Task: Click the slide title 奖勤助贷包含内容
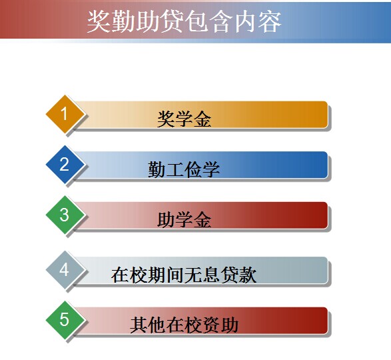(x=185, y=22)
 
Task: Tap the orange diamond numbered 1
(x=65, y=114)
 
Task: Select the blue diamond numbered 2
(x=65, y=164)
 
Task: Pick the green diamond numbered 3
(x=65, y=215)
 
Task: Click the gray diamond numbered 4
(x=65, y=269)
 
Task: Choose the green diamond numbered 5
(x=65, y=320)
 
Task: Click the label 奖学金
(x=184, y=119)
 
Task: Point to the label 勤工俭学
(x=184, y=169)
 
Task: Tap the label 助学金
(x=184, y=220)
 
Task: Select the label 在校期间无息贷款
(x=184, y=275)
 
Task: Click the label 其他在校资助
(x=184, y=325)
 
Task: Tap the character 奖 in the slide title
(x=99, y=22)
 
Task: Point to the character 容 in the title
(x=270, y=22)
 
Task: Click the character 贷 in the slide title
(x=172, y=22)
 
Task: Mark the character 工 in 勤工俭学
(x=175, y=169)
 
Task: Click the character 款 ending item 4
(x=248, y=275)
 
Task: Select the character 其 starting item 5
(x=139, y=325)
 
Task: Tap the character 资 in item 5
(x=211, y=325)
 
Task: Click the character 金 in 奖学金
(x=202, y=119)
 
